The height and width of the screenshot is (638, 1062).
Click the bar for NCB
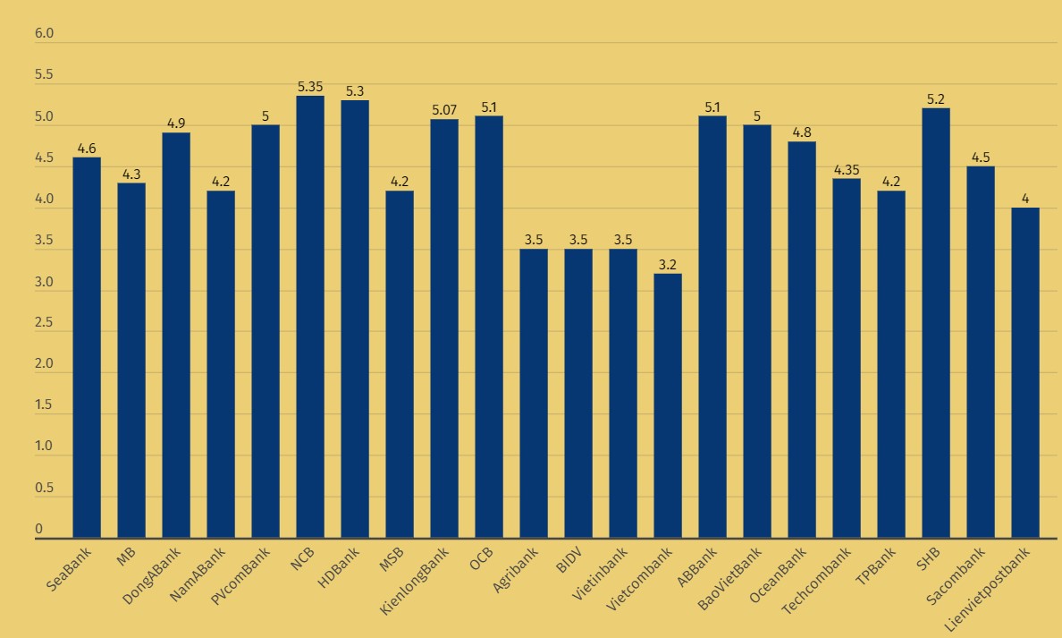(310, 317)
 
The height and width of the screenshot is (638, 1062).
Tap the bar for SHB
(936, 323)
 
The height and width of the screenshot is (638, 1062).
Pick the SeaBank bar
(87, 348)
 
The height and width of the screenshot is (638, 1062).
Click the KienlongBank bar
(444, 328)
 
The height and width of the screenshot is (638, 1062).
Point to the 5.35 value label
(310, 87)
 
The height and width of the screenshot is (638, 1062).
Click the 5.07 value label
(444, 110)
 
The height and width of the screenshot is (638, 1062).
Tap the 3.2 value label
(668, 265)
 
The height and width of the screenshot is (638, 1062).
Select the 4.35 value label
(847, 170)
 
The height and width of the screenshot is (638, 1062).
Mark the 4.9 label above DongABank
(176, 123)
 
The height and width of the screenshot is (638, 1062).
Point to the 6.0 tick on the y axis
(44, 34)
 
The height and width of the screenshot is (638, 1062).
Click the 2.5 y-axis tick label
(44, 323)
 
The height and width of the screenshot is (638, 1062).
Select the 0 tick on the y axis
(38, 530)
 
